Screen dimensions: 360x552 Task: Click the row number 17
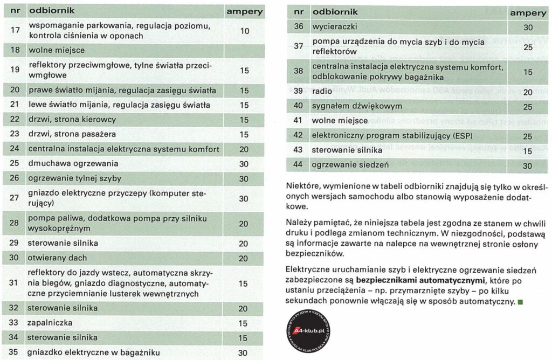click(x=15, y=31)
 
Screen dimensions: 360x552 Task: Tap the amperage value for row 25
click(x=244, y=163)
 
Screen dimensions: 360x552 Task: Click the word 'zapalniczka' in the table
click(x=49, y=323)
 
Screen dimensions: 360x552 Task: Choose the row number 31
click(x=15, y=283)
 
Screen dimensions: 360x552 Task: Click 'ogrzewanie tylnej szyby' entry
click(x=74, y=178)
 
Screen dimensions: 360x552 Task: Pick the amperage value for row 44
click(x=527, y=165)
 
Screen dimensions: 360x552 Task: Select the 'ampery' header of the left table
click(x=244, y=11)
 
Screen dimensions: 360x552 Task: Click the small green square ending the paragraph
click(x=520, y=301)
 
